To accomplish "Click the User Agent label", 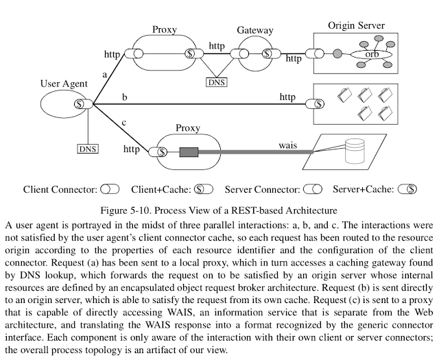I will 64,84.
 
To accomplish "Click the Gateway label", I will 255,31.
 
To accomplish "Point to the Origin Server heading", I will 356,26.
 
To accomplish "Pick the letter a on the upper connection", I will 104,73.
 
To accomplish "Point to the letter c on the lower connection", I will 123,123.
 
